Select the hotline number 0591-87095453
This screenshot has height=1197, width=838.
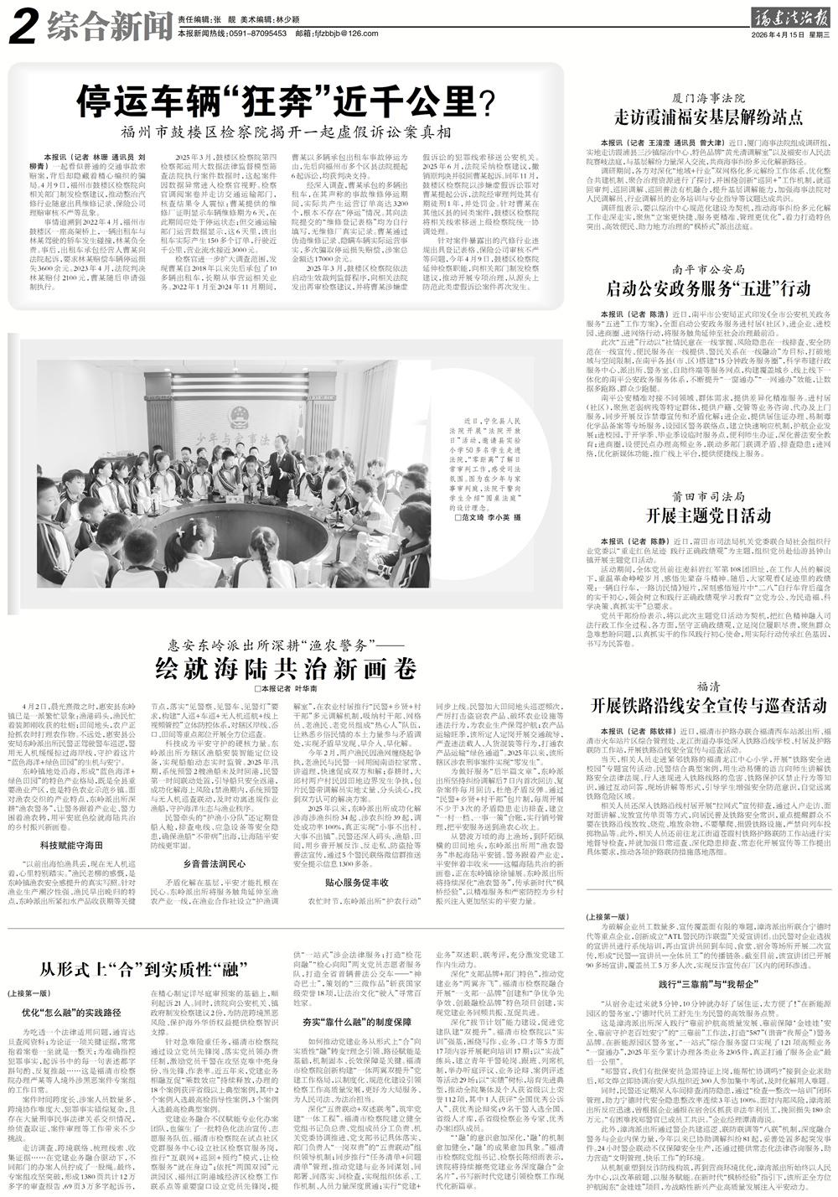click(244, 33)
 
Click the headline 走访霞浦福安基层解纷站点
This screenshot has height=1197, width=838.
click(709, 117)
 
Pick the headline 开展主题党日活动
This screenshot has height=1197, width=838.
click(709, 514)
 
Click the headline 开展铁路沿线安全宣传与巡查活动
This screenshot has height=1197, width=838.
click(709, 702)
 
